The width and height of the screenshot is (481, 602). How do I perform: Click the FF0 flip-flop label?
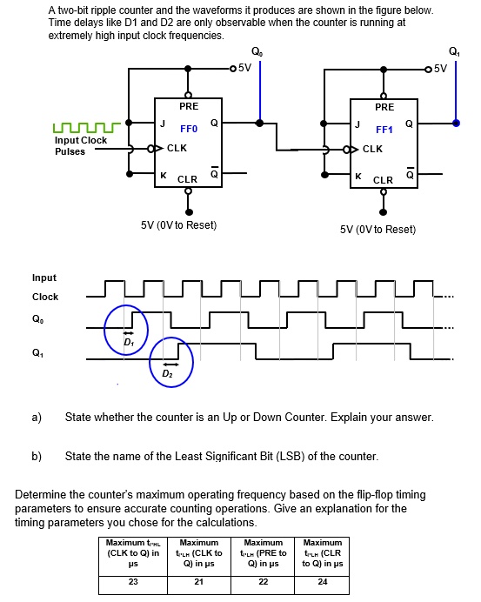click(x=190, y=128)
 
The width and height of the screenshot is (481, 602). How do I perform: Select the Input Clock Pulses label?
click(x=81, y=145)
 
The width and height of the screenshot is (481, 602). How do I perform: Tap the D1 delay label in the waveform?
click(x=128, y=342)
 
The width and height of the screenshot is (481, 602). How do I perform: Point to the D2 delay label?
click(x=167, y=374)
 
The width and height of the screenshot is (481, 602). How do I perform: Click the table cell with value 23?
click(x=133, y=582)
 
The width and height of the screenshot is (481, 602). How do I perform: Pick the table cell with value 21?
click(x=198, y=582)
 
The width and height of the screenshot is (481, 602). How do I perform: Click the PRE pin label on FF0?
click(x=189, y=106)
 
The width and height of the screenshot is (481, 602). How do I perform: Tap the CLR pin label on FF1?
click(x=384, y=180)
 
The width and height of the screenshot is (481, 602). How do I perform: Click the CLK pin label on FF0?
click(x=177, y=148)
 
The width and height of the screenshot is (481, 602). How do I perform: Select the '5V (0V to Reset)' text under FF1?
click(x=377, y=230)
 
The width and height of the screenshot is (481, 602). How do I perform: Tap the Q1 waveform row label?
click(x=37, y=352)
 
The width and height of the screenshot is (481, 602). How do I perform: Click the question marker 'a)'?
click(x=37, y=418)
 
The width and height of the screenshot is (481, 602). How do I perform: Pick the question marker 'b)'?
click(x=37, y=456)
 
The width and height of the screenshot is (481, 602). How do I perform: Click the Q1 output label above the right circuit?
click(x=453, y=50)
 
